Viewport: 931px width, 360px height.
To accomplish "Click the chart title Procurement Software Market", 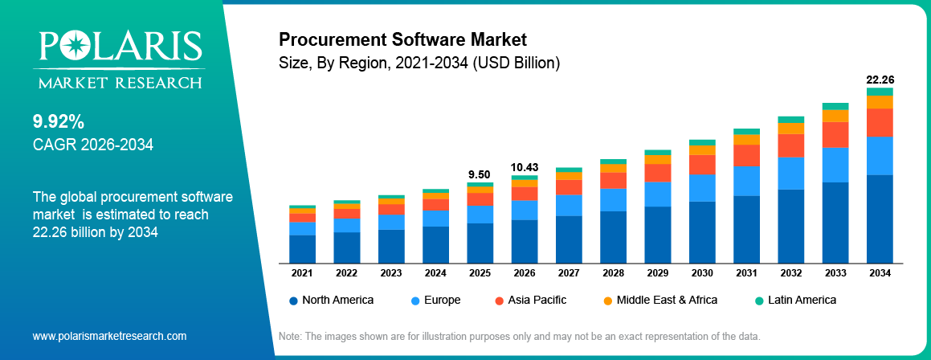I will (402, 39).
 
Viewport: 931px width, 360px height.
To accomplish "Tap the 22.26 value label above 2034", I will (880, 80).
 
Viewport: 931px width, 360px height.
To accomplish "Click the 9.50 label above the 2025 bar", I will (480, 174).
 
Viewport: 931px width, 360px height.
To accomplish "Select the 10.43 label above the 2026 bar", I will (524, 167).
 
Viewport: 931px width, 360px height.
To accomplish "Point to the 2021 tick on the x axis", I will (302, 273).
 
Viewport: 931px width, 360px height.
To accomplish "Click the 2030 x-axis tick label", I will (701, 273).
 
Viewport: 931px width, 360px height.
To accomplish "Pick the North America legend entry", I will (331, 300).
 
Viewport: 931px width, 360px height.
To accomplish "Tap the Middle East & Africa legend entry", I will (659, 300).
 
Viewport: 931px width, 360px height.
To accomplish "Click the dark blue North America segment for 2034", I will (880, 219).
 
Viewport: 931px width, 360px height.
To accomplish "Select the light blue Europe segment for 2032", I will (790, 173).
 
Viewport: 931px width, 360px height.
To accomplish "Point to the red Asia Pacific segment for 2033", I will (835, 134).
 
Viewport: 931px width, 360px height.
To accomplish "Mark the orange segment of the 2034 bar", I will (880, 102).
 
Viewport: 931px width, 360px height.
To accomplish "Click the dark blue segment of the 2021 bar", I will (302, 248).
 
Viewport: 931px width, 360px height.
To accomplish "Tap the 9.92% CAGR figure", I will (59, 121).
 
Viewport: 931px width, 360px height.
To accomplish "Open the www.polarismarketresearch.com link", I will (109, 336).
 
